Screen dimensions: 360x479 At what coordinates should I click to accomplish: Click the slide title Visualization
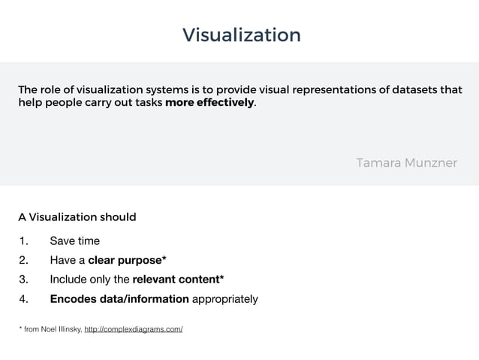pyautogui.click(x=241, y=35)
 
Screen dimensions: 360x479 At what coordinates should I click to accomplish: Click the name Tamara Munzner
pyautogui.click(x=406, y=162)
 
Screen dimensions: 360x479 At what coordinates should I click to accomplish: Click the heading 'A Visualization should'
pyautogui.click(x=77, y=217)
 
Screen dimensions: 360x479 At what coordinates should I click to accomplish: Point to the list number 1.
pyautogui.click(x=23, y=241)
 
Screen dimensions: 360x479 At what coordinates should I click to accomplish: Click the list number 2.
pyautogui.click(x=23, y=261)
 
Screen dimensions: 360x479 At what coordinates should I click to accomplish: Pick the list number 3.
pyautogui.click(x=23, y=280)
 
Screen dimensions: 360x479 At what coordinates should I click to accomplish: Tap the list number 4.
pyautogui.click(x=23, y=299)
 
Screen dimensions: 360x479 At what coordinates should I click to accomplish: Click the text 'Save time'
pyautogui.click(x=74, y=241)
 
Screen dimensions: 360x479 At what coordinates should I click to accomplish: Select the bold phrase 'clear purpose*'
pyautogui.click(x=127, y=261)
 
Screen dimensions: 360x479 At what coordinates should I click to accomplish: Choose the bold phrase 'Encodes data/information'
pyautogui.click(x=119, y=299)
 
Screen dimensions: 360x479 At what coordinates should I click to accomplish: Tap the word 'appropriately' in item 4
pyautogui.click(x=225, y=299)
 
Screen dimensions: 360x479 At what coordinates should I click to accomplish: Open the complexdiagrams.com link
pyautogui.click(x=134, y=329)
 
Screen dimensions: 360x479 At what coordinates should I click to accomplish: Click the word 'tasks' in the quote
pyautogui.click(x=146, y=103)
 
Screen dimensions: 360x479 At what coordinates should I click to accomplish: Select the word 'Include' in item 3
pyautogui.click(x=69, y=280)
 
